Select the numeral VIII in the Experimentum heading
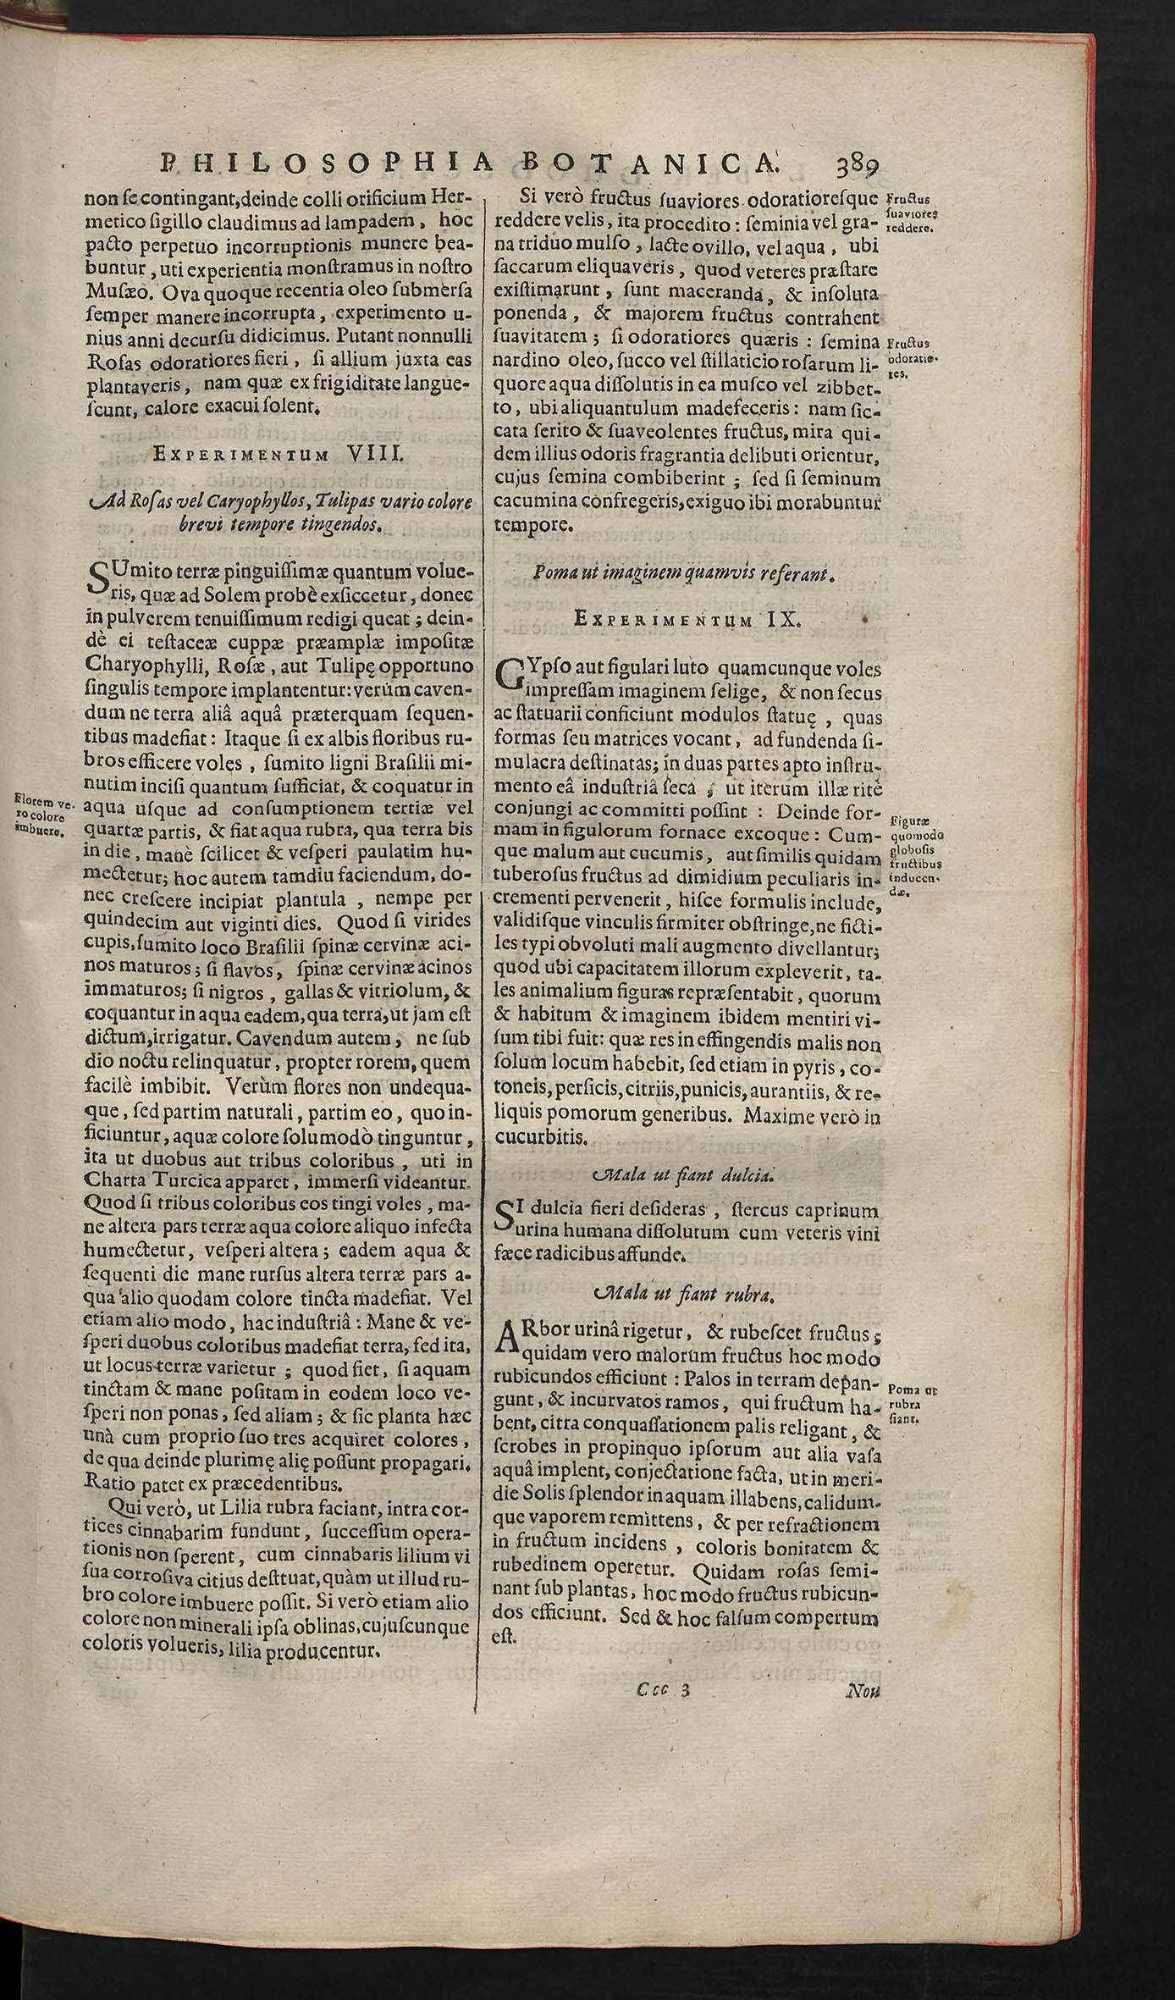(373, 454)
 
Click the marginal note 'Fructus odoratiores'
(910, 357)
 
